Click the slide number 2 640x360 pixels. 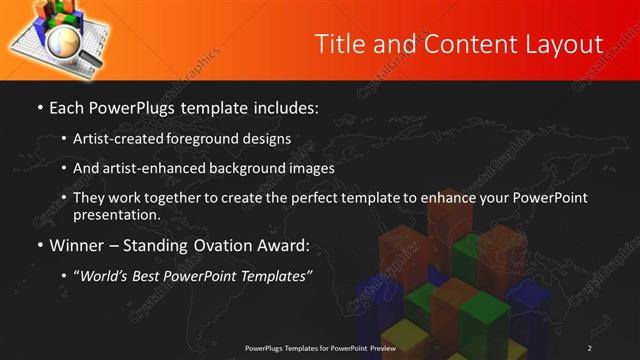click(x=590, y=347)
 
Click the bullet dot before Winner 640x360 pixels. click(x=40, y=245)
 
